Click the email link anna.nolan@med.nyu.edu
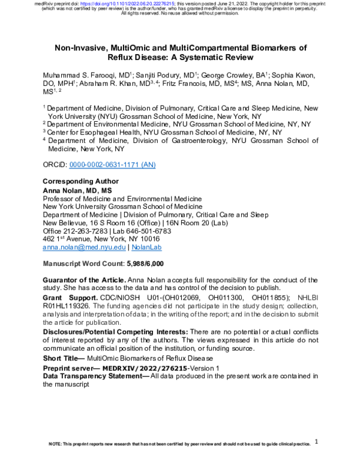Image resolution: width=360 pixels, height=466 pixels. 85,247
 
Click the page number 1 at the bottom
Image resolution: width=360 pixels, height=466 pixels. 316,441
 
